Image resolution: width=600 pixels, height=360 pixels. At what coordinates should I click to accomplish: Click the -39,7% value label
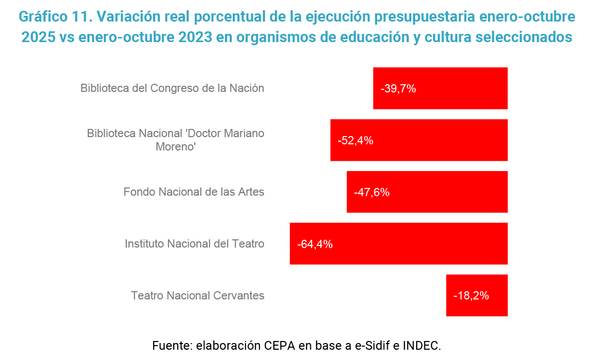click(398, 88)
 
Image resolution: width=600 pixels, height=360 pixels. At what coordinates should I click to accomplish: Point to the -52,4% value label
click(355, 140)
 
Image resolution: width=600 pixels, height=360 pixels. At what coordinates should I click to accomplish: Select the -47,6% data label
click(372, 193)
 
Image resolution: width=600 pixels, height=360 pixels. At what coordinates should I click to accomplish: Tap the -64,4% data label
click(315, 244)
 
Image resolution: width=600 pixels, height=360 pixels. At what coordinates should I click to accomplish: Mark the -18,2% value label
click(471, 296)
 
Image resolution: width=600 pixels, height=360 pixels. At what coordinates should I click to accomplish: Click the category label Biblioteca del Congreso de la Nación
click(172, 88)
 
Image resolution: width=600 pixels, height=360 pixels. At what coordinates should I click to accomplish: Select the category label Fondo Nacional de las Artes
click(194, 192)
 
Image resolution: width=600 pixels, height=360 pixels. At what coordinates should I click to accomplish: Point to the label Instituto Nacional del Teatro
click(194, 243)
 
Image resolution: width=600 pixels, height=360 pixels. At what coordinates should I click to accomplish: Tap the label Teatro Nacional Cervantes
click(197, 295)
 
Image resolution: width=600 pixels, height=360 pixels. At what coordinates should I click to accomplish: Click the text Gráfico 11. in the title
click(54, 16)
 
